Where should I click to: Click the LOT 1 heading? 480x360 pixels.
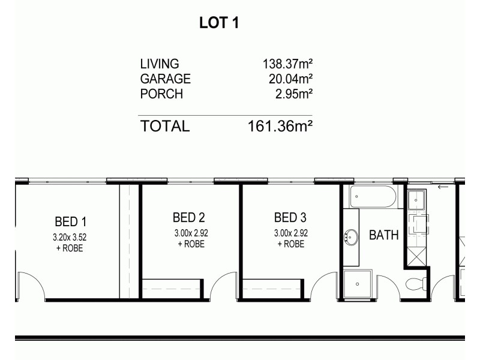point(219,23)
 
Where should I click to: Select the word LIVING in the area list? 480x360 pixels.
point(160,64)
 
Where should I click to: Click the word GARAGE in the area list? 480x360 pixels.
point(165,79)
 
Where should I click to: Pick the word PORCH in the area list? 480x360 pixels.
point(161,94)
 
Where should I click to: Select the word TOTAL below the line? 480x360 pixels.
point(164,126)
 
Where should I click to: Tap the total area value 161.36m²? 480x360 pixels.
point(280,126)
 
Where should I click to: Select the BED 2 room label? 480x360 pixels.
point(189,217)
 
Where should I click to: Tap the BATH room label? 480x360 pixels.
point(383,235)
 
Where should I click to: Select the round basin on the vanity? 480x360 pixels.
point(350,237)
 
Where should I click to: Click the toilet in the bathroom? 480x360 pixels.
point(414,284)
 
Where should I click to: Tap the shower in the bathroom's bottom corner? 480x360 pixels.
point(358,283)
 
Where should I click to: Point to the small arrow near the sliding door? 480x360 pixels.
point(443,187)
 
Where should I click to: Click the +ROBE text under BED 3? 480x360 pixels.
point(290,244)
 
